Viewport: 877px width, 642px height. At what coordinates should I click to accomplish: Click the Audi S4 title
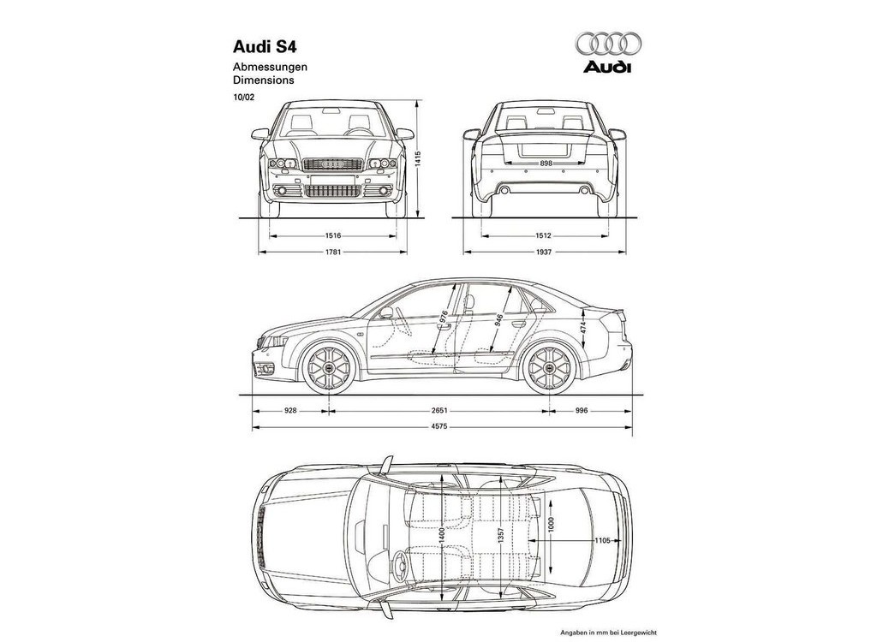click(265, 46)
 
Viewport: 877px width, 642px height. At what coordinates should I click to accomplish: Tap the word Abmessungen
click(270, 67)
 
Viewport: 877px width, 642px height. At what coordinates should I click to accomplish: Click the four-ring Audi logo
click(607, 45)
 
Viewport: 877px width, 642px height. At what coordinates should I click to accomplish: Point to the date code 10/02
click(243, 97)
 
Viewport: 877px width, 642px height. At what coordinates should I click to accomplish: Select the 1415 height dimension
click(418, 159)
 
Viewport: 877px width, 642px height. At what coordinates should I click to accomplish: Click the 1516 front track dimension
click(333, 236)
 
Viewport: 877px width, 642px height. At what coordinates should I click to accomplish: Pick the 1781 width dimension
click(333, 253)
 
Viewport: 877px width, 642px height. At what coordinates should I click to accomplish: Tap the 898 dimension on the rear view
click(546, 163)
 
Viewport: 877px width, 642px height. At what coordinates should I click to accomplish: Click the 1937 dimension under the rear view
click(544, 253)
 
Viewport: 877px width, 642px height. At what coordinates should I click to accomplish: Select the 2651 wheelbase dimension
click(439, 411)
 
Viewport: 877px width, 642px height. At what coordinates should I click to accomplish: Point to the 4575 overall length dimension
click(439, 428)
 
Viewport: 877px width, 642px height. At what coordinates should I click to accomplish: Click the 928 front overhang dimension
click(290, 411)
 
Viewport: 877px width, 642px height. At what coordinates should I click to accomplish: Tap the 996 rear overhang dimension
click(582, 411)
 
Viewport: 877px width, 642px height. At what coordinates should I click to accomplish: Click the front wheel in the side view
click(329, 367)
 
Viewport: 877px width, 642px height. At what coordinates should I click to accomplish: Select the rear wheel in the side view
click(550, 367)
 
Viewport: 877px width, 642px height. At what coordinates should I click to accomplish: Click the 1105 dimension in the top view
click(602, 541)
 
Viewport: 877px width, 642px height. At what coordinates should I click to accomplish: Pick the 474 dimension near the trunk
click(583, 327)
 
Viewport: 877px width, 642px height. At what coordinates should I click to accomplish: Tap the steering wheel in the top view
click(400, 567)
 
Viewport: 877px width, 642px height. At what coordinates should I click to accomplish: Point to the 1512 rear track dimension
click(544, 236)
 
